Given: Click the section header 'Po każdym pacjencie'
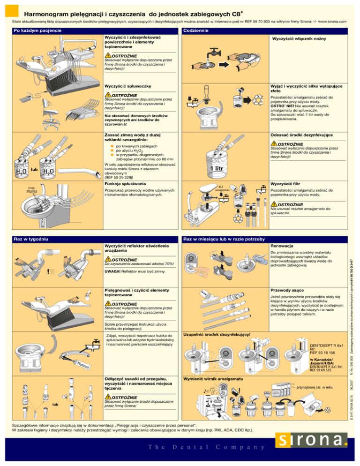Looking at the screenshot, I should point(33,30).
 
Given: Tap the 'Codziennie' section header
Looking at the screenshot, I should point(200,30).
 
